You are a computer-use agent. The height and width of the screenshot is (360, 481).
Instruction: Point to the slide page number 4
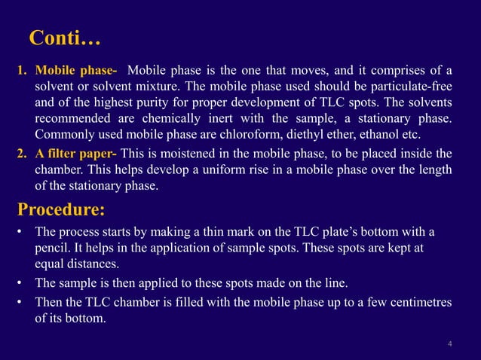pos(449,345)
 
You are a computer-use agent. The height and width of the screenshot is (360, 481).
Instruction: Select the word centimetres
pos(417,303)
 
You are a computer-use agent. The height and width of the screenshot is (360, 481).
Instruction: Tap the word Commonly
pos(65,136)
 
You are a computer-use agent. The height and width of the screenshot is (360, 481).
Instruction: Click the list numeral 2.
pos(21,151)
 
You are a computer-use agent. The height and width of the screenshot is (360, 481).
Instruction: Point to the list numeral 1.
pos(21,72)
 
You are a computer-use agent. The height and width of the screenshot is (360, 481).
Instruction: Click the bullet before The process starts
pos(21,230)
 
